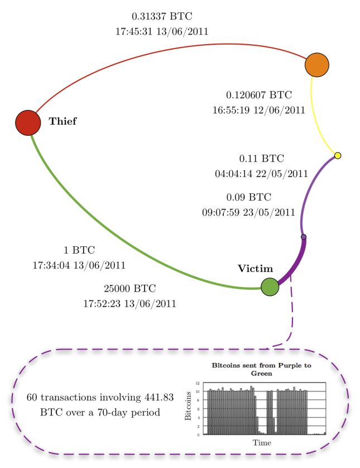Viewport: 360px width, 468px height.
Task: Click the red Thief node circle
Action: [28, 122]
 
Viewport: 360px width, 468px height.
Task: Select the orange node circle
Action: [317, 65]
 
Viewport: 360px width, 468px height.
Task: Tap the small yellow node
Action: [337, 155]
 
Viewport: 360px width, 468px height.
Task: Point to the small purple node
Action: [304, 237]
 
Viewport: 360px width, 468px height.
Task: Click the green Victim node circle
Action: [270, 287]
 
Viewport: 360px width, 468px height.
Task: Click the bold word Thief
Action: [63, 121]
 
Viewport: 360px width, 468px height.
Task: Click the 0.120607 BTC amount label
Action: [259, 95]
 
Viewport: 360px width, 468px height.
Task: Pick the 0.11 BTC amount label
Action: [261, 159]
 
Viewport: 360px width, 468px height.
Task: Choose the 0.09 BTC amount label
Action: [248, 197]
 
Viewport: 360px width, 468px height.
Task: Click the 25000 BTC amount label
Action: [129, 289]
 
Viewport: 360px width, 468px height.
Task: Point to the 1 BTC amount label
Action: [79, 250]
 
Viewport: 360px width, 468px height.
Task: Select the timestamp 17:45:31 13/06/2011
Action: [162, 32]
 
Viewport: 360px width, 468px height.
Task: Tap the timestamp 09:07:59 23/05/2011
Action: [248, 212]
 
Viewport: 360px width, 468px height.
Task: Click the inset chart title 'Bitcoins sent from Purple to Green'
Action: [261, 369]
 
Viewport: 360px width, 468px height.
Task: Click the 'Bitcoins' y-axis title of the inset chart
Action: [188, 409]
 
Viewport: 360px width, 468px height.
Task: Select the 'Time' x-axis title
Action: [261, 443]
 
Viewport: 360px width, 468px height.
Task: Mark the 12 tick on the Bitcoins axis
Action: [198, 383]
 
